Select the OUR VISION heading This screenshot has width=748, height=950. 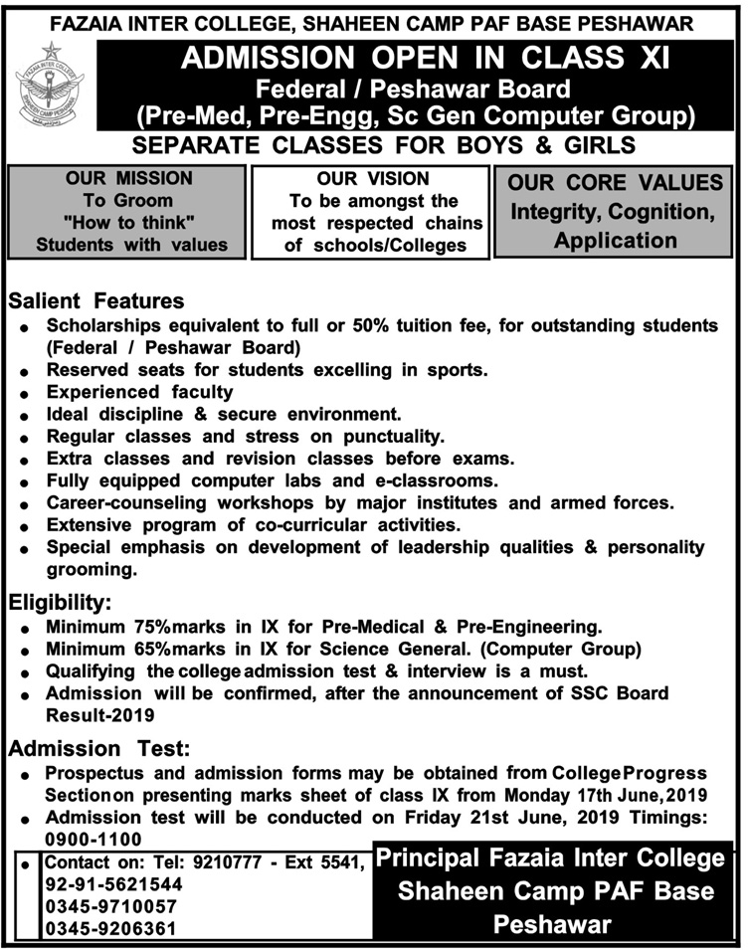tap(374, 179)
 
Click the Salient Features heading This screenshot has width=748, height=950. tap(95, 299)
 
